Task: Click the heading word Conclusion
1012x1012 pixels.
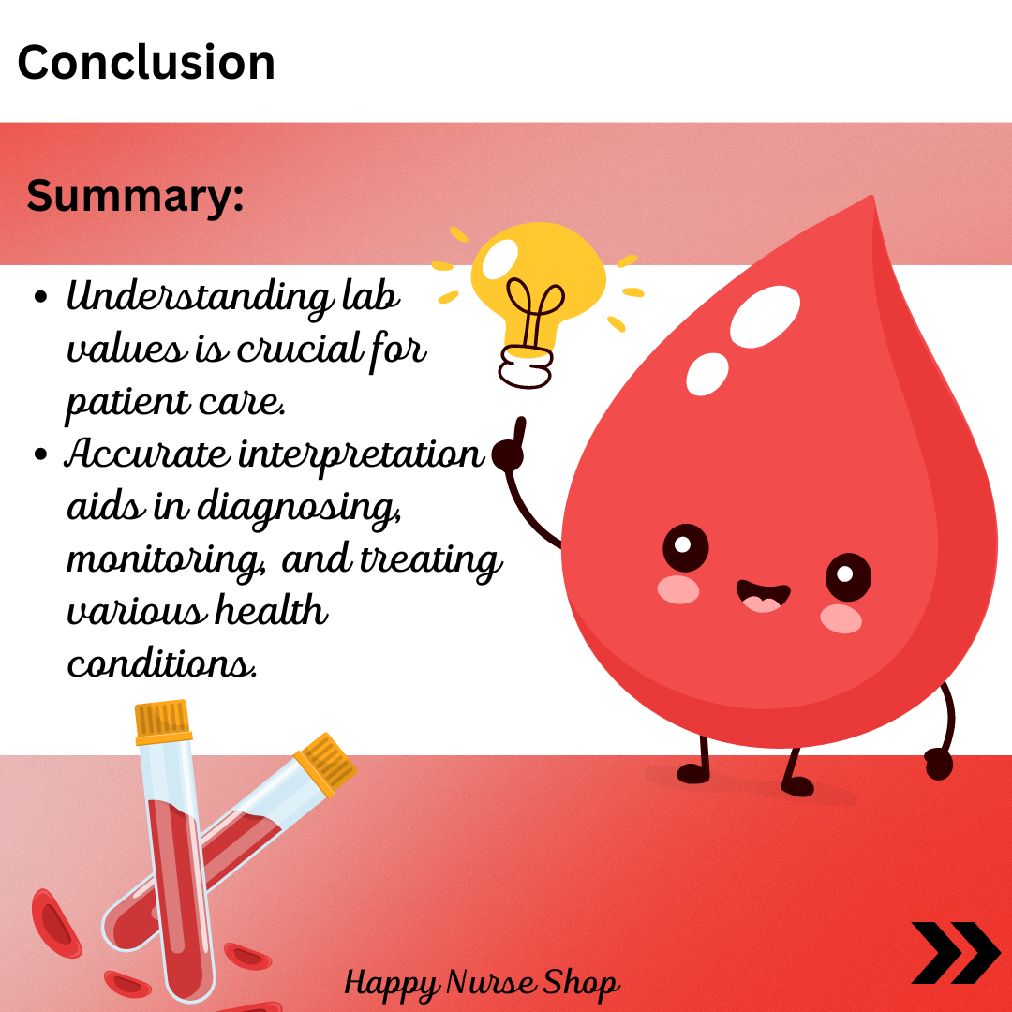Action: (x=146, y=63)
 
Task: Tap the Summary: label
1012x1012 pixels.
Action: (x=135, y=196)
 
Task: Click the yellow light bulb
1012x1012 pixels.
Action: (x=538, y=304)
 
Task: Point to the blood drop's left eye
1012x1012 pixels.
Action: (x=685, y=547)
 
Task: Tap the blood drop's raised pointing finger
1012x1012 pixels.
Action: (x=519, y=431)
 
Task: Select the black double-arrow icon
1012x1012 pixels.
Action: (x=956, y=953)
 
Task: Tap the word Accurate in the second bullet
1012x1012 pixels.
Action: (x=147, y=454)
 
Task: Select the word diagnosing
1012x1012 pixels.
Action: (x=299, y=508)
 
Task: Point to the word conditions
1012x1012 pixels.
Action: (x=162, y=662)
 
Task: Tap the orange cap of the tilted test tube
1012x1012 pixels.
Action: (x=325, y=765)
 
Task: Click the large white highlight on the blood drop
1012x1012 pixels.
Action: (x=765, y=317)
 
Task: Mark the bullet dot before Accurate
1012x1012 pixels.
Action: (x=40, y=454)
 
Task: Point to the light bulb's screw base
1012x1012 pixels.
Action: (x=527, y=367)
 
